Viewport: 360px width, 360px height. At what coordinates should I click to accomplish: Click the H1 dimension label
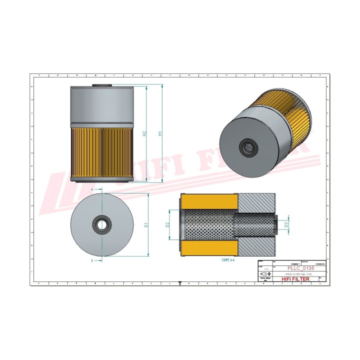tap(159, 133)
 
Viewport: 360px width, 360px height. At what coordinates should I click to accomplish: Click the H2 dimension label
tap(144, 133)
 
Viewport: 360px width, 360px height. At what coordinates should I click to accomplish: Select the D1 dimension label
tap(146, 224)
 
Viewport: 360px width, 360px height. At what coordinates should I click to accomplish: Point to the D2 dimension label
tap(168, 225)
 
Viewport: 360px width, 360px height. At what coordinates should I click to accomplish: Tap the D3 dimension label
tap(286, 225)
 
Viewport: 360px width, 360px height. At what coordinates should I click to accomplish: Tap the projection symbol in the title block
tap(265, 274)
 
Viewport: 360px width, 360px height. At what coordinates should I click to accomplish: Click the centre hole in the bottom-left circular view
tap(102, 223)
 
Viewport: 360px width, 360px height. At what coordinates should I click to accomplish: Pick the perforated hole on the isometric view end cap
tap(247, 146)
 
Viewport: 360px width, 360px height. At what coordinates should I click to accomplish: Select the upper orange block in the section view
tap(209, 201)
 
